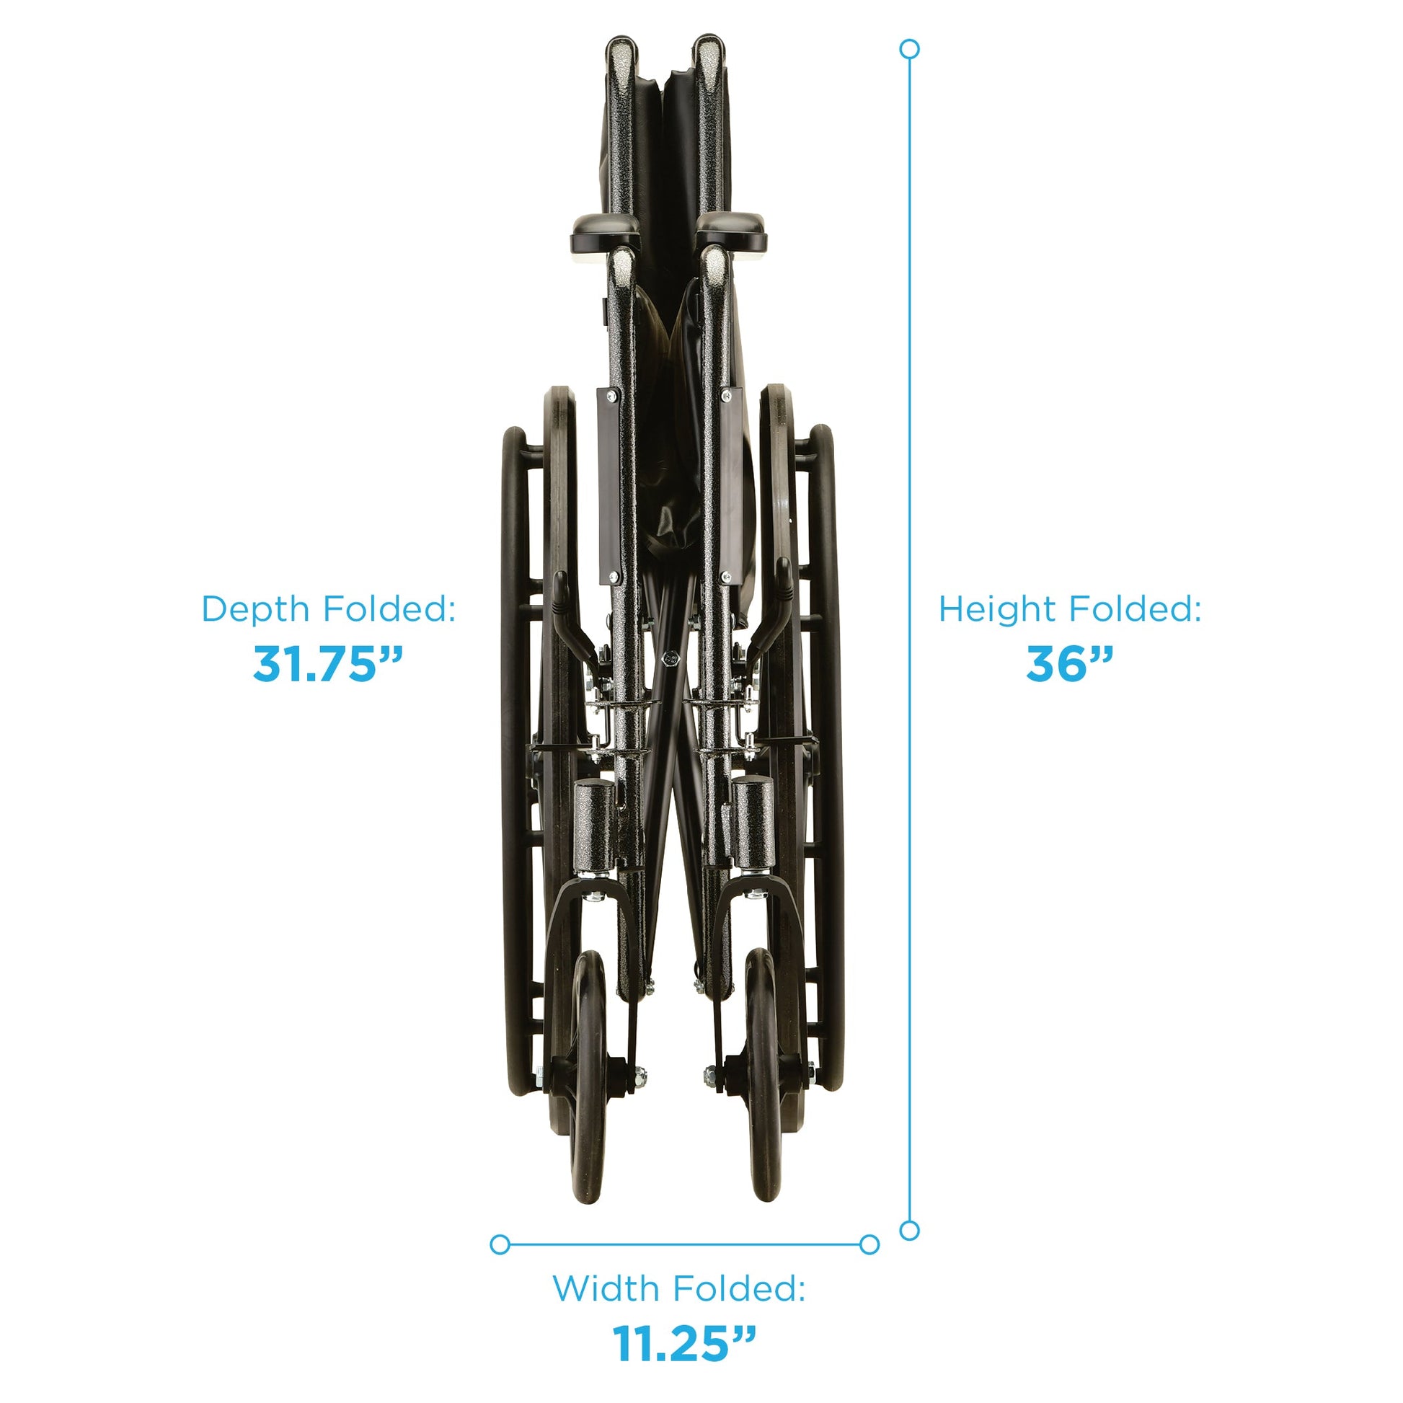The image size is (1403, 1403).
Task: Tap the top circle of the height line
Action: [909, 49]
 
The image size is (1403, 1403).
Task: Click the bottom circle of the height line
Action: [909, 1230]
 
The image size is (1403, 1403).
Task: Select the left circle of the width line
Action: [500, 1244]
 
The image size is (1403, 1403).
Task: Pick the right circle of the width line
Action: [869, 1244]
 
